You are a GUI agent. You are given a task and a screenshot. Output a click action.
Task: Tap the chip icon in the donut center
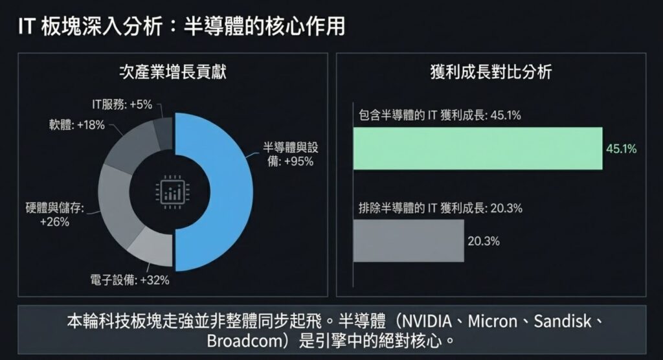172,192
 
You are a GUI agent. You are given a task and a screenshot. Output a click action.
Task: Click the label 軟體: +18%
76,125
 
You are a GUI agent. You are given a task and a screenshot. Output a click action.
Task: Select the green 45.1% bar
478,148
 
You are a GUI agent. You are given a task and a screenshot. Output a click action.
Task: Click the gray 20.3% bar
409,241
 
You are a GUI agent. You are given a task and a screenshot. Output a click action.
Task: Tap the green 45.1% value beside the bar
621,149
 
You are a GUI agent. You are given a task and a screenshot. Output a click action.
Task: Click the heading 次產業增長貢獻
173,72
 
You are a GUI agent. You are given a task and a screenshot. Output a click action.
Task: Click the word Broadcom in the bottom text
237,341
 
